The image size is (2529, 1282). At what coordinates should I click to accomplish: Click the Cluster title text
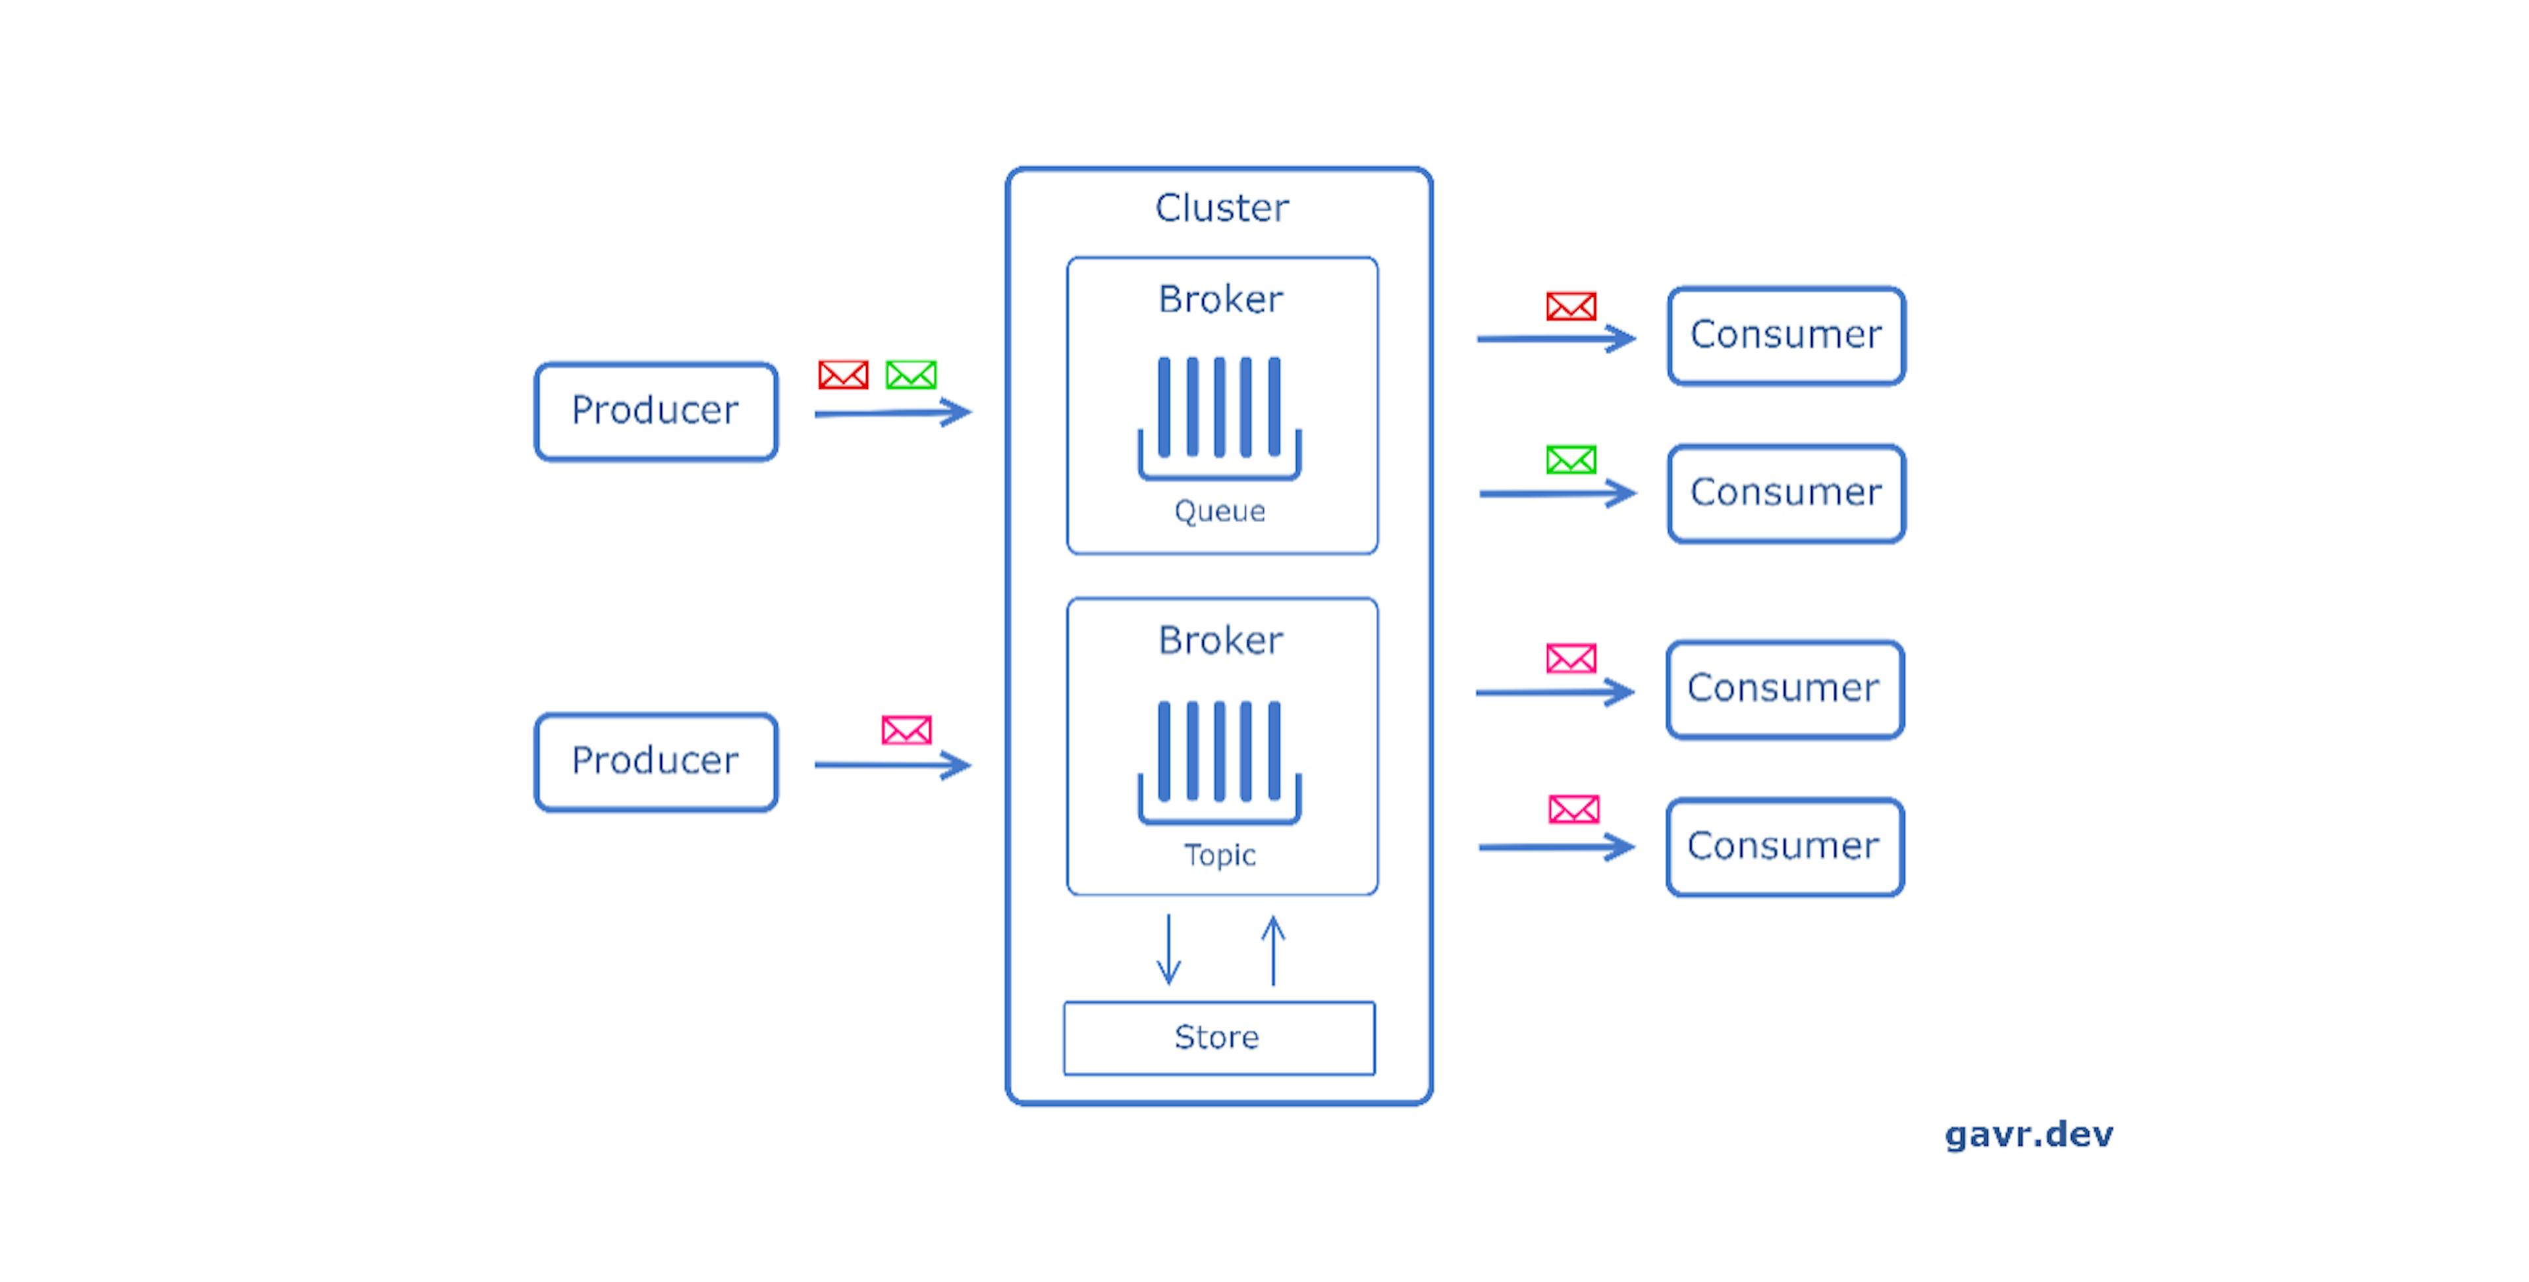[x=1220, y=208]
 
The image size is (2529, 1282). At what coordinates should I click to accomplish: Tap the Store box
[x=1218, y=1038]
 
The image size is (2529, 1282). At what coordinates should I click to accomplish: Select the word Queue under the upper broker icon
[x=1219, y=512]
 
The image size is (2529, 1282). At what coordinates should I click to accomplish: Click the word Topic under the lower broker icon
[x=1219, y=855]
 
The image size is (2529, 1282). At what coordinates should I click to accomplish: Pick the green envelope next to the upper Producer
[x=910, y=375]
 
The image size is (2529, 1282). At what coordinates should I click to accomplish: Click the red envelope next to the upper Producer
[x=843, y=375]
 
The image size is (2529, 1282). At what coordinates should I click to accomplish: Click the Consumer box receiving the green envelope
[x=1786, y=493]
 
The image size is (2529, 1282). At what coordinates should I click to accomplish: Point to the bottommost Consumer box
[x=1784, y=846]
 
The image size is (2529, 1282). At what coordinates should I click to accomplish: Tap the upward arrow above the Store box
[x=1273, y=949]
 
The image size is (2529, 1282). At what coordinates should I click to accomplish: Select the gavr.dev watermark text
[x=2028, y=1135]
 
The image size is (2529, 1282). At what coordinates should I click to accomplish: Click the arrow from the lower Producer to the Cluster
[x=892, y=764]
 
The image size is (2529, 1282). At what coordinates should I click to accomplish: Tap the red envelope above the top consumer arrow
[x=1571, y=306]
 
